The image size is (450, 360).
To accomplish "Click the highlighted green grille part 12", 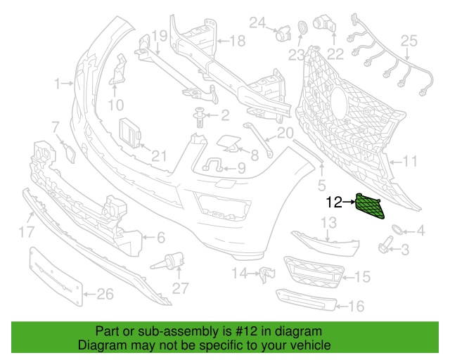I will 371,205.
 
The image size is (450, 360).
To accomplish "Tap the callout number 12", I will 333,202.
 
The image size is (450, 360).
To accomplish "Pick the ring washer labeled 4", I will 398,230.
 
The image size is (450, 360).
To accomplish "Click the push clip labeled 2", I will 202,116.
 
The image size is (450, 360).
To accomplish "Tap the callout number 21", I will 160,156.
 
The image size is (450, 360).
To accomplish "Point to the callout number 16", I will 356,306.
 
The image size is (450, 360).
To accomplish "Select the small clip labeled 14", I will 266,273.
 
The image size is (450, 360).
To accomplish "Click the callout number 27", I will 181,288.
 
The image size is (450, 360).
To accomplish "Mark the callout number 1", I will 58,84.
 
